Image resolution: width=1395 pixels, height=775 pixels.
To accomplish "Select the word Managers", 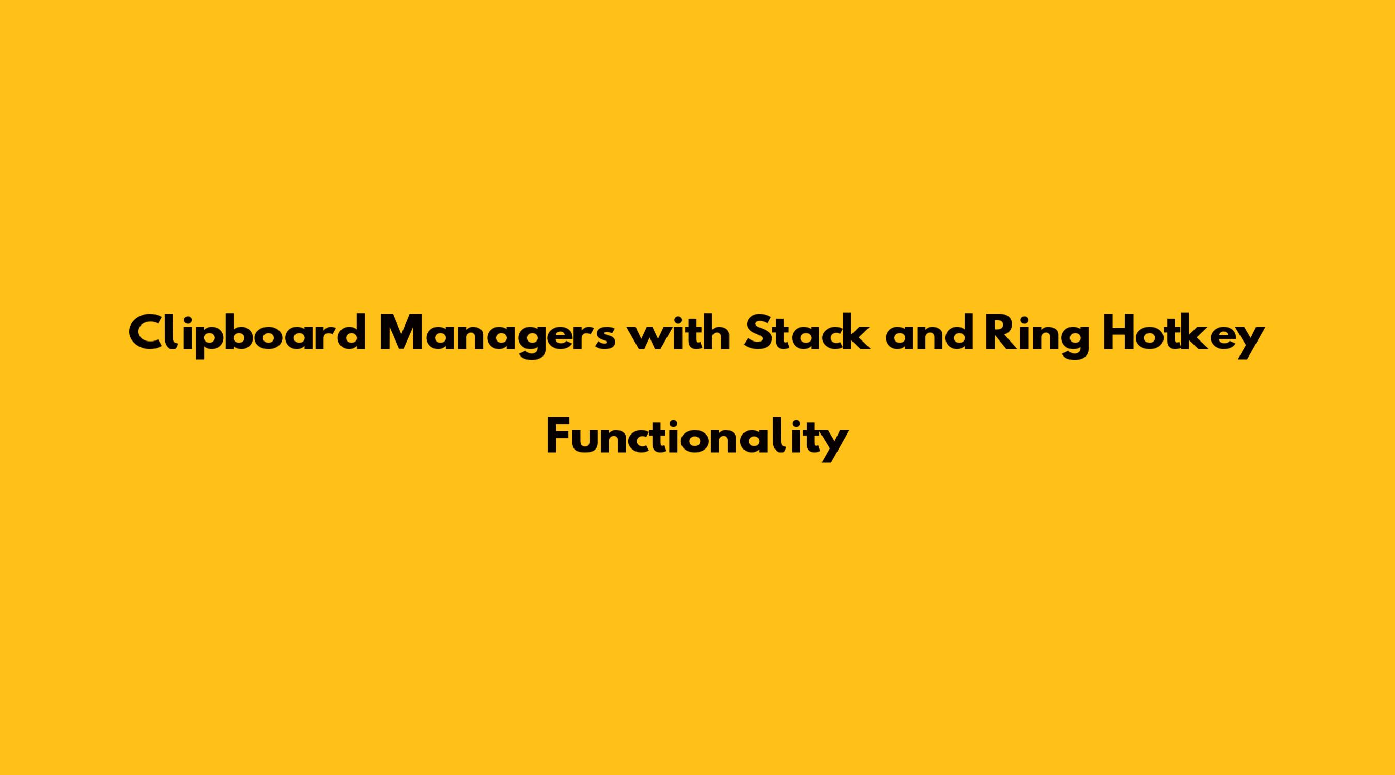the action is (x=497, y=336).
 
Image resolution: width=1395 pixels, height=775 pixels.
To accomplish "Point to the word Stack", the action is (x=808, y=332).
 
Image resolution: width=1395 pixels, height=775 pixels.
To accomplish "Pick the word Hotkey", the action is (x=1183, y=336).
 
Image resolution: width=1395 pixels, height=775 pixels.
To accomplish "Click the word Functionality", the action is (x=697, y=439).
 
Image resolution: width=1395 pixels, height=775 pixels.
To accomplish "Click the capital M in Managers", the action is (x=404, y=333).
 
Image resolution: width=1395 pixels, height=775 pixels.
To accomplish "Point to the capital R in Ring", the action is (x=1000, y=333).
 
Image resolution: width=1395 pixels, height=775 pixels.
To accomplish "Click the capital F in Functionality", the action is (x=559, y=436).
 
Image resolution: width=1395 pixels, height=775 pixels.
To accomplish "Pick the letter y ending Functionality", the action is (x=832, y=446).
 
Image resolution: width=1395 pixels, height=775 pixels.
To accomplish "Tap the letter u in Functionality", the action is (x=588, y=442).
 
